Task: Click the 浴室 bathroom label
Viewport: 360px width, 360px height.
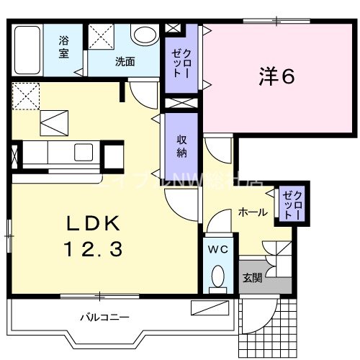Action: tap(64, 47)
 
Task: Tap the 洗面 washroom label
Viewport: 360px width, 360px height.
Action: tap(125, 61)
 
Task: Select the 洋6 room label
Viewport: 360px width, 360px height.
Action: tap(276, 76)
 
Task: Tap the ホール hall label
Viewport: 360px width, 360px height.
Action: tap(253, 212)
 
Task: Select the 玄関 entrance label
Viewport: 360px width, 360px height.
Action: tap(252, 279)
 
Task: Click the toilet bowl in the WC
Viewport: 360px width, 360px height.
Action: tap(217, 276)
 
